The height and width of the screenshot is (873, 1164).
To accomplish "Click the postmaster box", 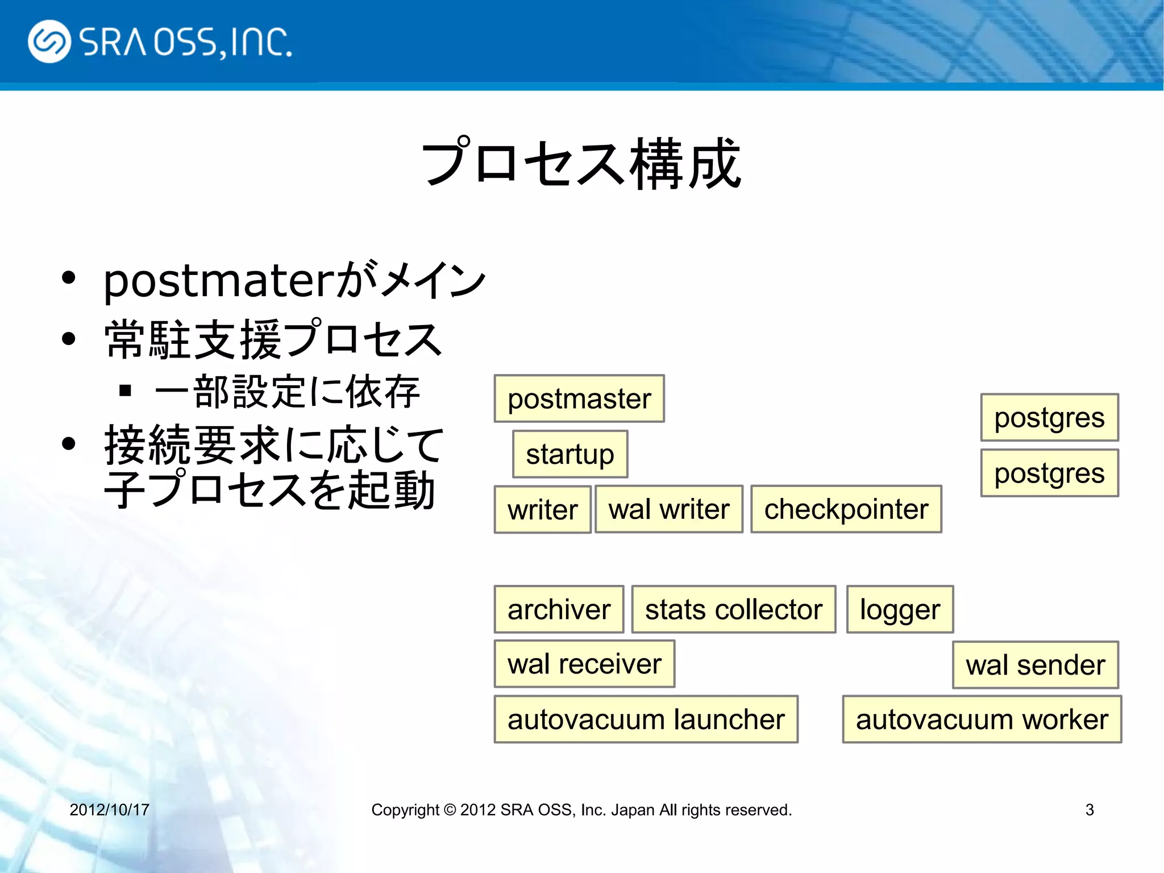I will pos(579,398).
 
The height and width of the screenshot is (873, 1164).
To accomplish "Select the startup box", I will pos(570,454).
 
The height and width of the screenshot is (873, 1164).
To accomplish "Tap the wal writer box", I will pos(668,509).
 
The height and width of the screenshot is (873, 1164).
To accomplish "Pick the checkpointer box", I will pos(846,509).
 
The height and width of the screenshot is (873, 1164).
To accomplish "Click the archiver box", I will pos(559,609).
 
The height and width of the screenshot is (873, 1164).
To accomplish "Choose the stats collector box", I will pos(733,609).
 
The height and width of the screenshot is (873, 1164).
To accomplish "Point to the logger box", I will pos(900,609).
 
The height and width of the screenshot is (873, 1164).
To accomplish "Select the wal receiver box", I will pos(584,664).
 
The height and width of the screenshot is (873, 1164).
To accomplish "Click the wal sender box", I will pos(1035,665).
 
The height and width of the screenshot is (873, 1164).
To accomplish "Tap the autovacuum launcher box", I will pos(646,720).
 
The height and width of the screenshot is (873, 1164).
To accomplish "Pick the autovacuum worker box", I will pos(982,720).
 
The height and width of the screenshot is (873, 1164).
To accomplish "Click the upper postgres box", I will pos(1049,418).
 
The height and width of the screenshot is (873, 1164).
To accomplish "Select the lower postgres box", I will pos(1049,473).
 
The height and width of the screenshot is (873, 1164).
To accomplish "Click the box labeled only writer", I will pos(542,510).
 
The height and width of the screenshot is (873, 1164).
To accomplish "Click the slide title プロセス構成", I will pos(581,163).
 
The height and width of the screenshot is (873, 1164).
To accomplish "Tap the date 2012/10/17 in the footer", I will pos(109,809).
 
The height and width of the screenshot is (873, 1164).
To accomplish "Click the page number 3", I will pos(1089,809).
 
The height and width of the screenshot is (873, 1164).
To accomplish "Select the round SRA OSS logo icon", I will pos(49,41).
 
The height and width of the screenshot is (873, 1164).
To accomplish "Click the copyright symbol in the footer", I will pos(450,809).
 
